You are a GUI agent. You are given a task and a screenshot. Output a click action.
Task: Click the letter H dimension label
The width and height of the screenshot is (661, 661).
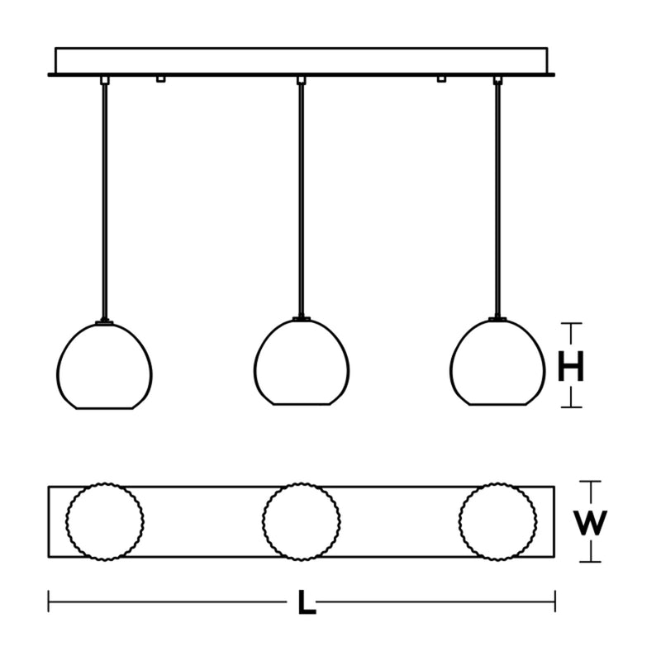571,366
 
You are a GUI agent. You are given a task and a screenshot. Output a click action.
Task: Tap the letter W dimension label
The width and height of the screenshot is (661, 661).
590,522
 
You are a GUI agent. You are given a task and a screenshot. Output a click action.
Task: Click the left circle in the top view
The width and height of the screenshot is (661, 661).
66,521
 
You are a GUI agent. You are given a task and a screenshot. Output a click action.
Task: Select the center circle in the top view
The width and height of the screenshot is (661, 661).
263,521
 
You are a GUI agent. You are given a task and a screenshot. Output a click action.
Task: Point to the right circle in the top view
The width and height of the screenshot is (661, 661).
459,521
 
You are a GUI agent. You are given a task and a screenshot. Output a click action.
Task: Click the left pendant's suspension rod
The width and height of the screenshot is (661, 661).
105,202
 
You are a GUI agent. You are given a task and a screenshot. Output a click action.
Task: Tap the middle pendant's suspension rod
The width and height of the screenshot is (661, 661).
301,200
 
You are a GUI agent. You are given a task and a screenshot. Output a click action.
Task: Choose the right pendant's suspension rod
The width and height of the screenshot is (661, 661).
498,200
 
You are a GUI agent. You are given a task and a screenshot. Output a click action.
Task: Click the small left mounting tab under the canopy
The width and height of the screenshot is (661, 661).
160,79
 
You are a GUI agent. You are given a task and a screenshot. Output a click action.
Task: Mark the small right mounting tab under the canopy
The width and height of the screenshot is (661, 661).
441,79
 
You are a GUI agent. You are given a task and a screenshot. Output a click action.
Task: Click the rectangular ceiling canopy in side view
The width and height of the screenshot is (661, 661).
302,61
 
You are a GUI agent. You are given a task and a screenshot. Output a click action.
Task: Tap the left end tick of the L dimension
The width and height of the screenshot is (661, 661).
49,602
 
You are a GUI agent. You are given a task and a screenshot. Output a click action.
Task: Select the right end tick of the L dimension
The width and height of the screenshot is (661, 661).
554,602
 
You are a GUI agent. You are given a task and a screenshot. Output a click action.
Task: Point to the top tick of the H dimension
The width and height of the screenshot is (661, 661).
571,324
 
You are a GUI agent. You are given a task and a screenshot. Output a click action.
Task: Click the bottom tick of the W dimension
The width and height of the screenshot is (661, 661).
590,562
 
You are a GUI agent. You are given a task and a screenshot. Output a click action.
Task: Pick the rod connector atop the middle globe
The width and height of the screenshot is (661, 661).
302,319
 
